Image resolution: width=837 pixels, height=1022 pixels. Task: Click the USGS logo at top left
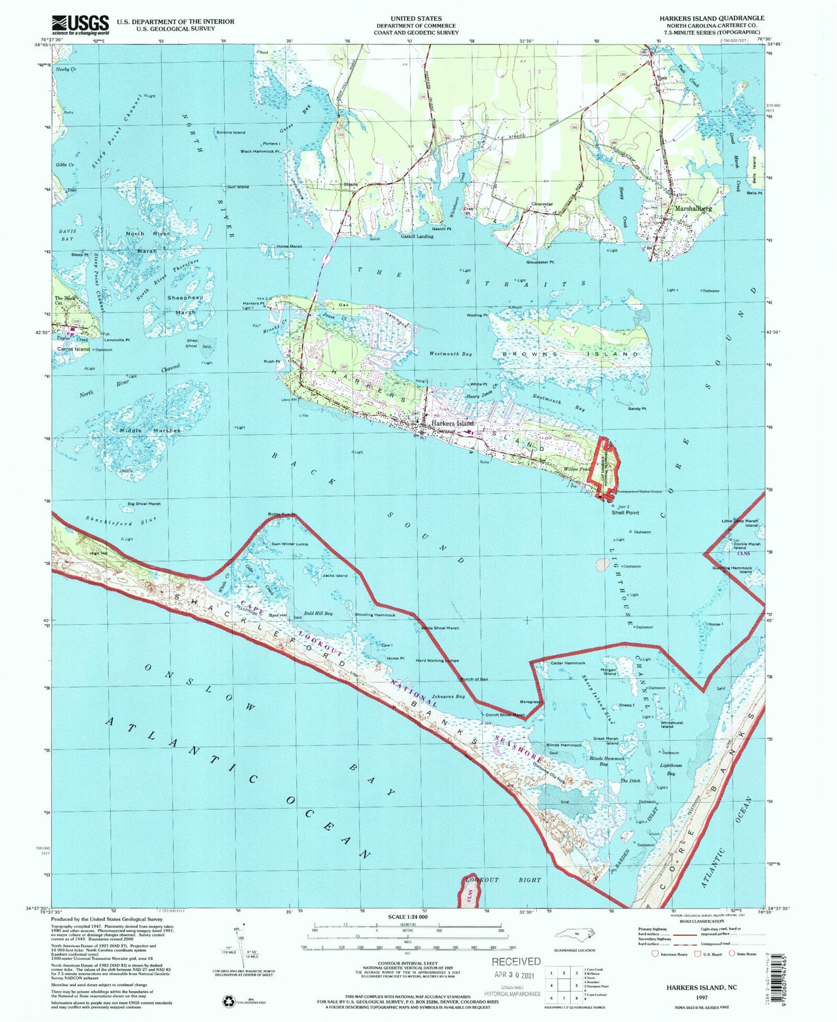pos(80,25)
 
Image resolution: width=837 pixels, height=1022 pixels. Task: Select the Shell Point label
pos(625,512)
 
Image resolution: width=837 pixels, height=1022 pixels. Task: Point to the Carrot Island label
pos(73,349)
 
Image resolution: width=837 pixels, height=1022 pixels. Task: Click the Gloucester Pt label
pos(540,262)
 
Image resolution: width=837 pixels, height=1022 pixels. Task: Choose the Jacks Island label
pos(335,575)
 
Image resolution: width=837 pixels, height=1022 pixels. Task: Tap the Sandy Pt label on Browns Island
pos(637,409)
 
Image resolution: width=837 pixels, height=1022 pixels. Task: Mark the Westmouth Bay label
pos(451,354)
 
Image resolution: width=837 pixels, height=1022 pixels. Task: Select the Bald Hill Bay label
pos(318,613)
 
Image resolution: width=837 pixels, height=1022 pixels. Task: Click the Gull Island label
pos(238,186)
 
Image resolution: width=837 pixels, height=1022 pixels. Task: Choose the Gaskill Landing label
pos(417,236)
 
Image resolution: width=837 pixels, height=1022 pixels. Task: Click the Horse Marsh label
pos(289,246)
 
